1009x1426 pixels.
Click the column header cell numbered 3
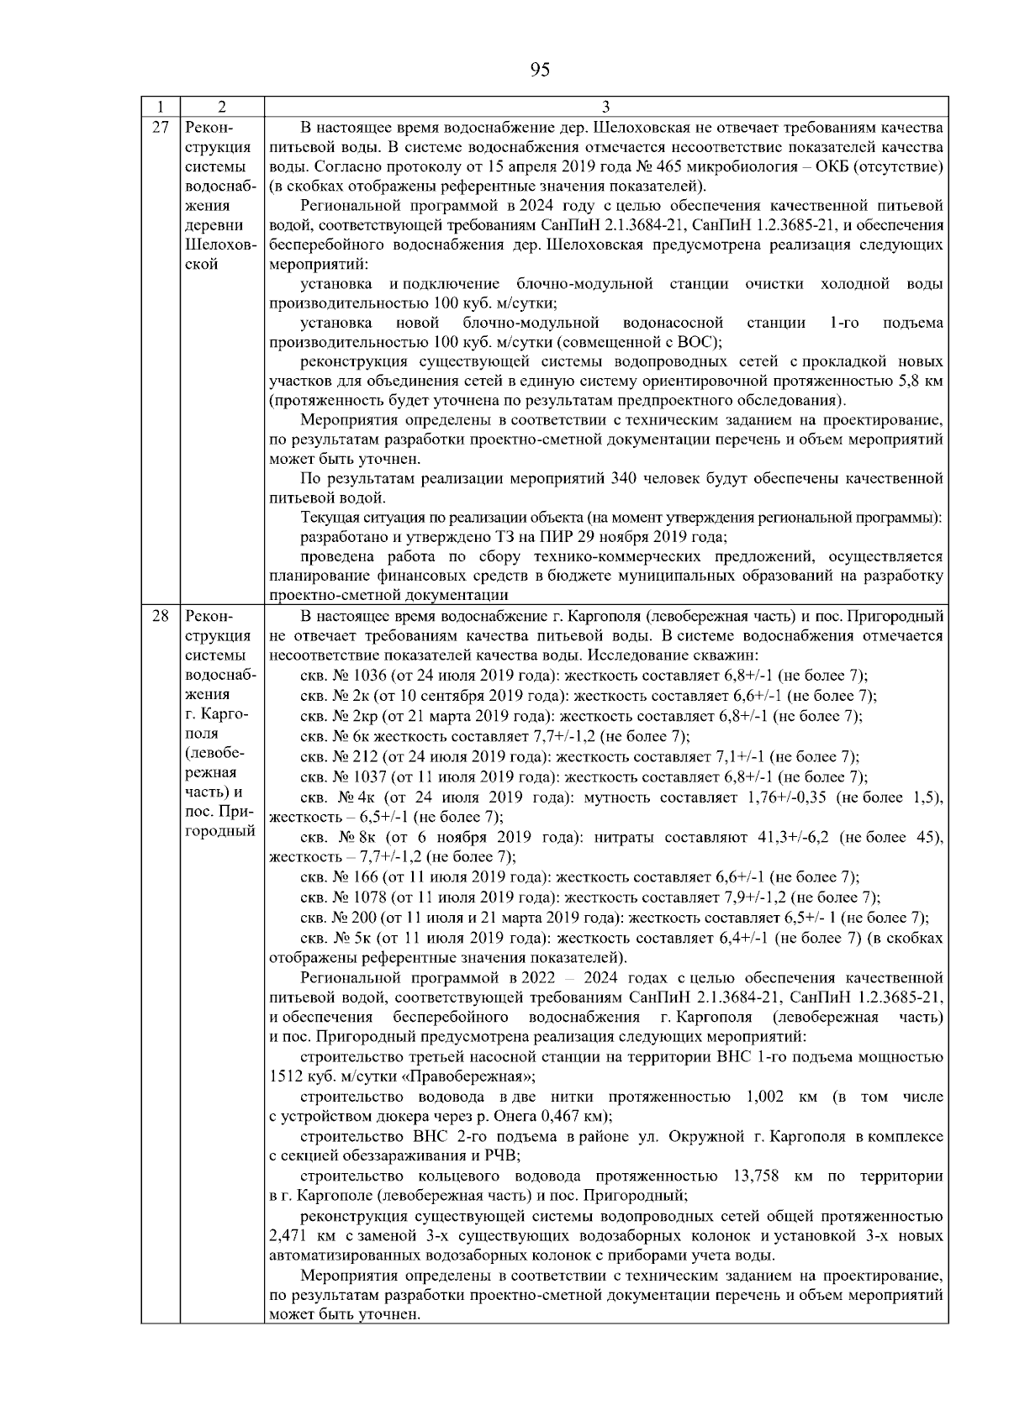pyautogui.click(x=606, y=107)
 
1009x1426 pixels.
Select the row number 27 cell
pyautogui.click(x=161, y=127)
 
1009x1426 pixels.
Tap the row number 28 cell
pyautogui.click(x=161, y=616)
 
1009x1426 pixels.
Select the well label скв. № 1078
pyautogui.click(x=343, y=897)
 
